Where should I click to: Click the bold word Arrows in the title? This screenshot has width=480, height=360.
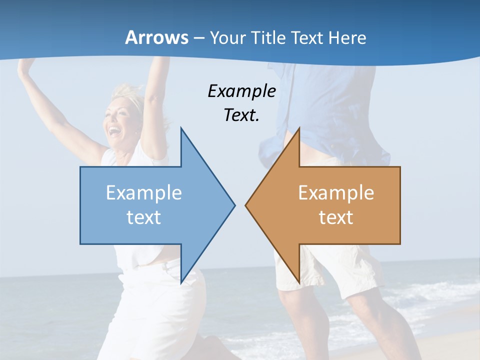[156, 37]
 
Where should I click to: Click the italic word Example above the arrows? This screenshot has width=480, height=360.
[241, 91]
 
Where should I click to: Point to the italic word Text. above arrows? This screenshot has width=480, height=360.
[241, 115]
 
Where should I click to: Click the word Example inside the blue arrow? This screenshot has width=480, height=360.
[144, 193]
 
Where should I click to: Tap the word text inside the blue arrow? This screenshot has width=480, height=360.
[144, 217]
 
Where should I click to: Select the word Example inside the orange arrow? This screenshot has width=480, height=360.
[336, 193]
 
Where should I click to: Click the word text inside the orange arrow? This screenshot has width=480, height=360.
[336, 217]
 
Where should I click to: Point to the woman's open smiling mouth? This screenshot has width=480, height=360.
[115, 131]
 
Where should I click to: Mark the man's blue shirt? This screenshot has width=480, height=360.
[330, 110]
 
